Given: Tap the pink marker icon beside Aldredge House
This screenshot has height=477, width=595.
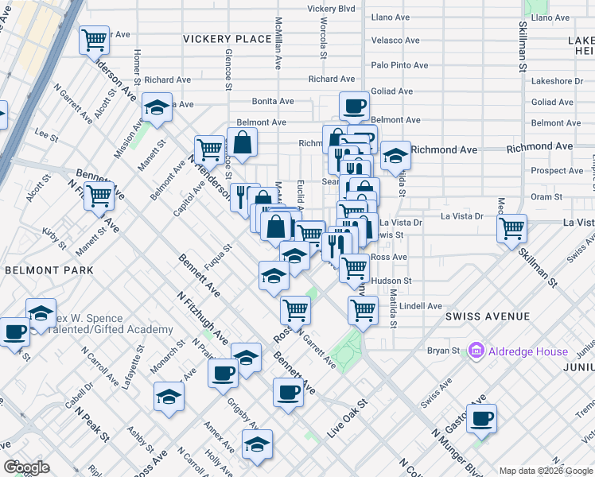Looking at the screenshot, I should tap(477, 351).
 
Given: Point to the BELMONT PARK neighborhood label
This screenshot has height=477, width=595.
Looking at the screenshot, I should tap(49, 270).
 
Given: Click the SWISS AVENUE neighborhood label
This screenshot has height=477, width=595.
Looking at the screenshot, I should tap(488, 316).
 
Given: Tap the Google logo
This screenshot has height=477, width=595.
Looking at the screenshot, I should tap(26, 467).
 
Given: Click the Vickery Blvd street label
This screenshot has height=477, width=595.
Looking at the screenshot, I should tap(332, 9).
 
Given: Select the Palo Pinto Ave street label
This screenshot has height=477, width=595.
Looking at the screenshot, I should tap(399, 65).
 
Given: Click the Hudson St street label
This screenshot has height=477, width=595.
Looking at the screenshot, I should tap(391, 281).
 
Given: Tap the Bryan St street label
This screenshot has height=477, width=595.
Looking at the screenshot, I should tap(445, 351).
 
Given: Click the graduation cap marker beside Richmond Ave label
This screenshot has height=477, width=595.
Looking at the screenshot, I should tap(395, 156).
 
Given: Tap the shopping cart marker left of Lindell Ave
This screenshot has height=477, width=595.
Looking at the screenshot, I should tap(363, 308).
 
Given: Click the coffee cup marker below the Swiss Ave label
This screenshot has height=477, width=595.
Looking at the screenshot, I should tap(480, 419).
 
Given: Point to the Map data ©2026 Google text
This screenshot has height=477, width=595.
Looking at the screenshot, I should tap(546, 471).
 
